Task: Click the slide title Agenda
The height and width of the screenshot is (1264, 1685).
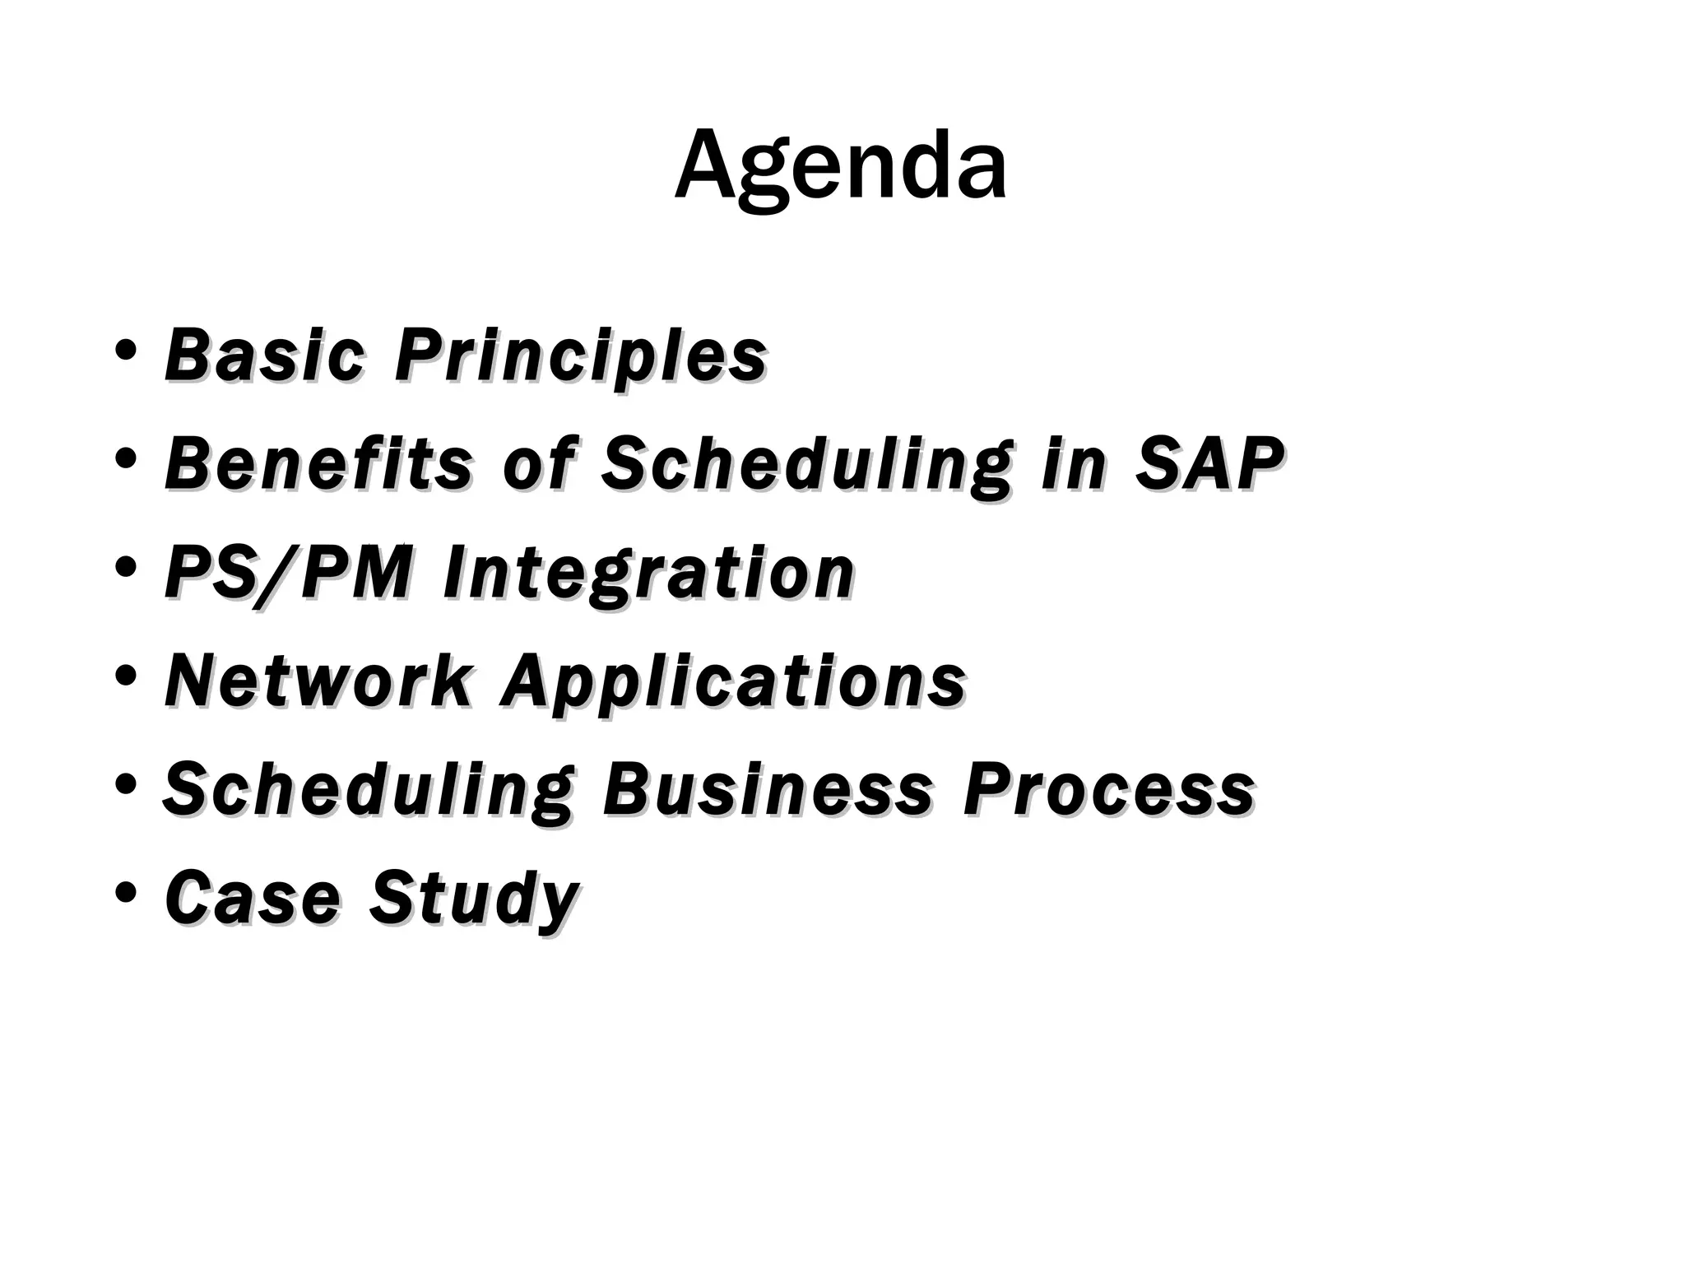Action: click(841, 167)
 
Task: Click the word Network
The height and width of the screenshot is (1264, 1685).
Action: click(319, 681)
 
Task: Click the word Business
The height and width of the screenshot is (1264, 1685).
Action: click(767, 790)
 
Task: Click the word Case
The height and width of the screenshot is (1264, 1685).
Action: click(252, 898)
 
